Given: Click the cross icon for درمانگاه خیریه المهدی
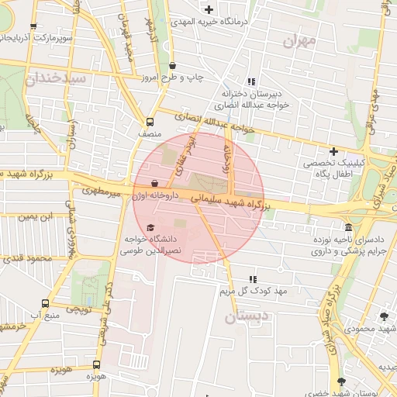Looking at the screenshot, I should [x=209, y=9].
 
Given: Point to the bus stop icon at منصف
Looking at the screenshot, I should [x=150, y=121].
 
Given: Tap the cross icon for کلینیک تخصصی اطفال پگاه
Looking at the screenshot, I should [x=333, y=151].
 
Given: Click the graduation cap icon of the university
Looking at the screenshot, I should [x=150, y=226].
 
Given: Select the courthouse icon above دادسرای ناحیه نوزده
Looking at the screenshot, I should [x=349, y=228].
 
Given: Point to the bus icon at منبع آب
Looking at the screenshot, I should [x=46, y=303].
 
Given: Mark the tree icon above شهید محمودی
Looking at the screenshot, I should [x=383, y=316].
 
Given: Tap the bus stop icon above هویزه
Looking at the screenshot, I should [x=96, y=364].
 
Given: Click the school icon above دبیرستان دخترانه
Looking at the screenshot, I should [x=250, y=81].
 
